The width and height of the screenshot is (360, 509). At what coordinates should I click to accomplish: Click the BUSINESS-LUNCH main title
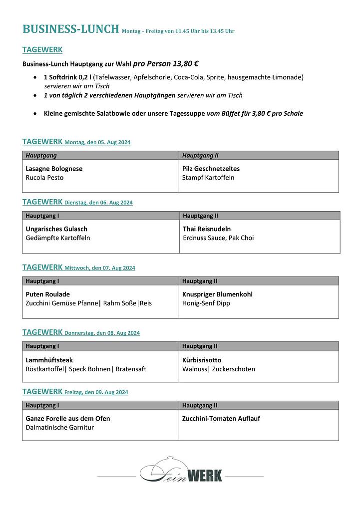point(71,29)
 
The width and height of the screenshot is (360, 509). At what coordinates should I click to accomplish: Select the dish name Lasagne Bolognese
point(54,169)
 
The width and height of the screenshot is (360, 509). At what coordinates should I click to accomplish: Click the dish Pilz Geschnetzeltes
point(211,169)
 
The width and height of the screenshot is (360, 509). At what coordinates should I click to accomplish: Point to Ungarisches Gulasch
point(56,229)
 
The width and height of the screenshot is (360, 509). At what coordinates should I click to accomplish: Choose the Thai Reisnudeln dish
point(207,229)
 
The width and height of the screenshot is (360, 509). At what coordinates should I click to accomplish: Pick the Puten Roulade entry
point(48,294)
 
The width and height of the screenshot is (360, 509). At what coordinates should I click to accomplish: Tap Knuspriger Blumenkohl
point(217,294)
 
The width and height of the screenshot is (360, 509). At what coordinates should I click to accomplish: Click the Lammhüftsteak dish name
point(49,360)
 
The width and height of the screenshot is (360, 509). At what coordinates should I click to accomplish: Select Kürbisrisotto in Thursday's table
point(202,360)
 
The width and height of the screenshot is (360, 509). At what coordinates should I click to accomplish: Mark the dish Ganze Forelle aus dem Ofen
point(68,419)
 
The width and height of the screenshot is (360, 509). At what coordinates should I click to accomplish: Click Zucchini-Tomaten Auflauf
point(221,419)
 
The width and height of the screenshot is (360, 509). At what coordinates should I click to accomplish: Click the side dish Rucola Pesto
point(44,178)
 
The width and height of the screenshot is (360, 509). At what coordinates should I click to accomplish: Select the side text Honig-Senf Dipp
point(206,303)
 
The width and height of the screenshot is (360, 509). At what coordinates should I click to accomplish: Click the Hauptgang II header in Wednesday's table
point(200,281)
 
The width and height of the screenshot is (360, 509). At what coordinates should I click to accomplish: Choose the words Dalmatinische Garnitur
point(59,428)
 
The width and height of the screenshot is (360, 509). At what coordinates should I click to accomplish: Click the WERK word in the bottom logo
point(203,476)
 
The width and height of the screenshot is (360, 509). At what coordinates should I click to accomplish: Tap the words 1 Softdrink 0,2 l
point(67,77)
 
